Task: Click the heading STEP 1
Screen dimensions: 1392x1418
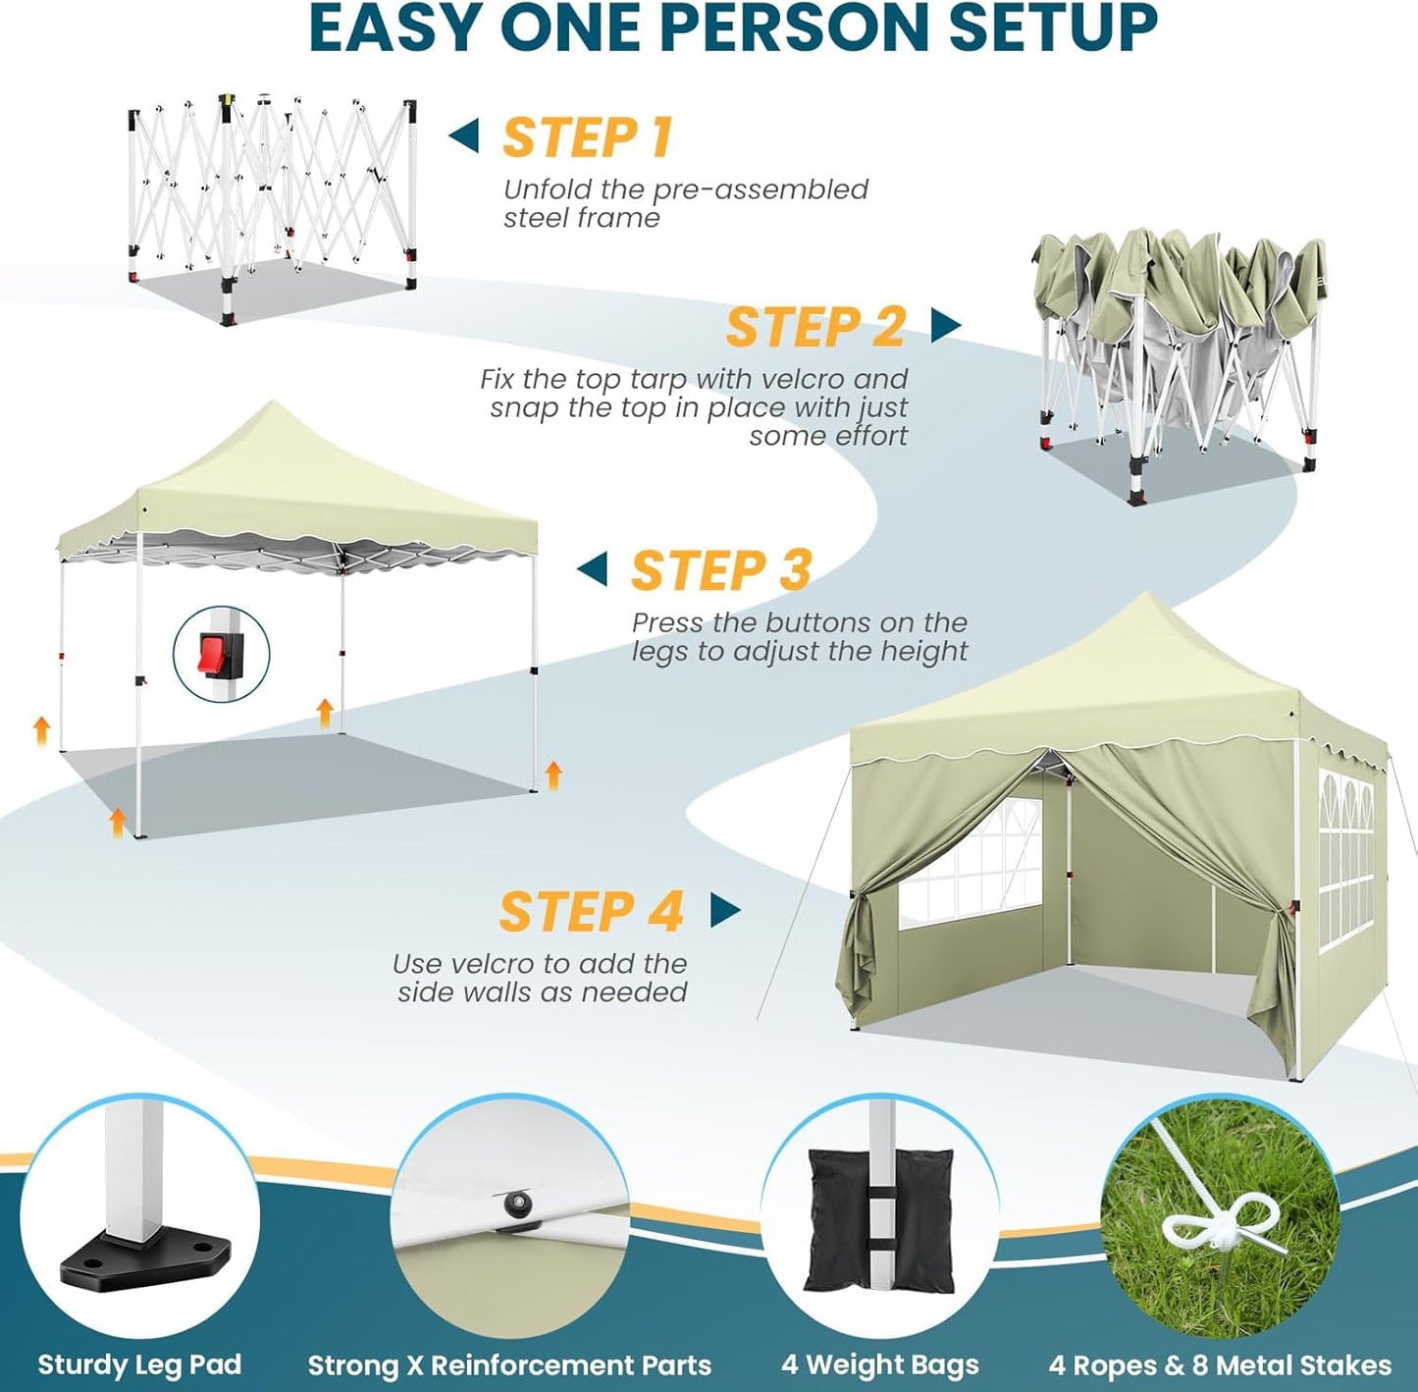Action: (587, 137)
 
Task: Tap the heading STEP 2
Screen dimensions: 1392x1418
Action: (814, 327)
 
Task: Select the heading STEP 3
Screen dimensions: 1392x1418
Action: (721, 570)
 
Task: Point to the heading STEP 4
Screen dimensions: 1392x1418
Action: (591, 911)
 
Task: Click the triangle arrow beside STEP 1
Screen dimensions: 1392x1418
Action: (464, 135)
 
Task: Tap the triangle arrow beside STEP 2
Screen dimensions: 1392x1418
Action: (944, 325)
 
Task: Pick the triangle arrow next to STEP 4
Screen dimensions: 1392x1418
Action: (724, 910)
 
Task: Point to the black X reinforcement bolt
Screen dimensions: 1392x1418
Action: (513, 1205)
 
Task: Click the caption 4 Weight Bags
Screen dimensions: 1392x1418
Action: (880, 1365)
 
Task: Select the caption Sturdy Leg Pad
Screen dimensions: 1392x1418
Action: (139, 1365)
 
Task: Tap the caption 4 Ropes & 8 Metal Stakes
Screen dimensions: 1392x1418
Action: (1220, 1365)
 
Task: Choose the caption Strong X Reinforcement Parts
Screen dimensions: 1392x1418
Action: (509, 1365)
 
